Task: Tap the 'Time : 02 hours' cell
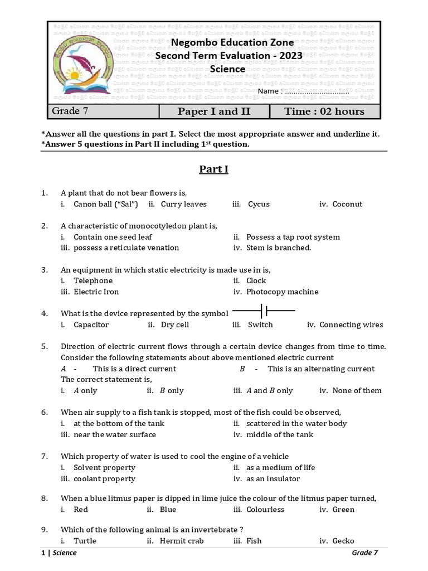(324, 111)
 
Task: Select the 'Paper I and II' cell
(214, 111)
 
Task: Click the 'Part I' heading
(214, 169)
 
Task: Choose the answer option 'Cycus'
(259, 204)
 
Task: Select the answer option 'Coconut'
(347, 204)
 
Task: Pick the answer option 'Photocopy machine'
(282, 292)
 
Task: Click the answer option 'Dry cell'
(174, 325)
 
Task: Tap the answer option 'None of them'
(357, 390)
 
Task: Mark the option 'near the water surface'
(114, 434)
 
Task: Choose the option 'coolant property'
(104, 478)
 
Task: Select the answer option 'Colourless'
(266, 509)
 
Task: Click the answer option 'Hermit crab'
(181, 540)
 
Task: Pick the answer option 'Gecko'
(343, 540)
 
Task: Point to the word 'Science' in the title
(227, 69)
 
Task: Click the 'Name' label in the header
(267, 91)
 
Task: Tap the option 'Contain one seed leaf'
(113, 236)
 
